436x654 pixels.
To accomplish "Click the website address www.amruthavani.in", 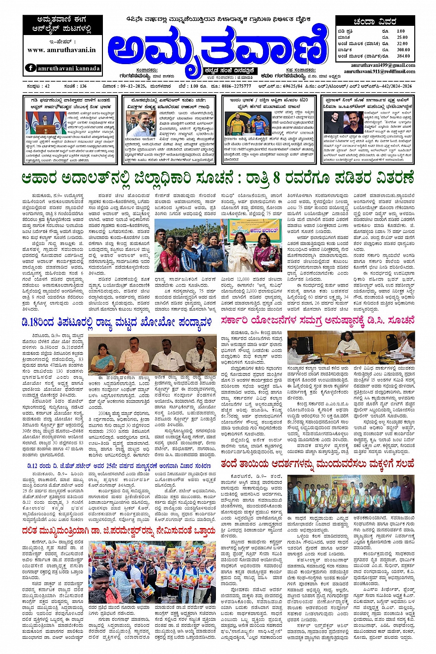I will [x=62, y=50].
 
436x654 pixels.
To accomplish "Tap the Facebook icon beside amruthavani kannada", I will [x=30, y=68].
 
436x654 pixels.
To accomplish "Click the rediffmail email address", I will [x=379, y=71].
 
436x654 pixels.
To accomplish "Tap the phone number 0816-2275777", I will [x=236, y=86].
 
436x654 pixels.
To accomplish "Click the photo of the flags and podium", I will [x=46, y=122].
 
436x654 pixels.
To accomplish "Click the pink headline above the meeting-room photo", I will [x=317, y=320].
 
